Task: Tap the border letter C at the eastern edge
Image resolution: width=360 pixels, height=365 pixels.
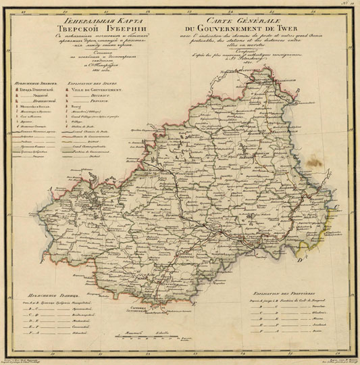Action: coord(336,206)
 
